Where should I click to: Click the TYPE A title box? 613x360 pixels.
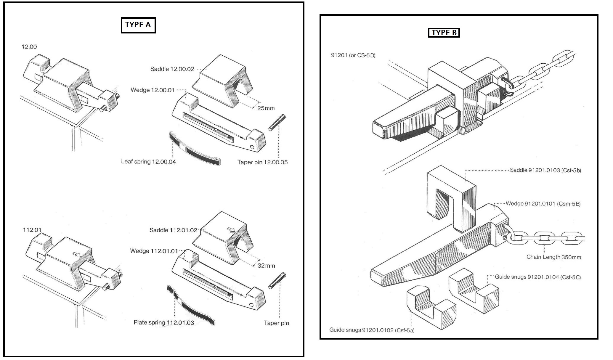point(138,25)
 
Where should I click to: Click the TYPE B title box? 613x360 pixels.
point(444,33)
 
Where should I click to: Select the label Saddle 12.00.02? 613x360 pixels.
point(172,69)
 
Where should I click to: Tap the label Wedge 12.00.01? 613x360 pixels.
point(153,90)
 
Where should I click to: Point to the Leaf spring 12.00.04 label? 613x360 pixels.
point(148,162)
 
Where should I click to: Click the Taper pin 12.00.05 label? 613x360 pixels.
point(262,162)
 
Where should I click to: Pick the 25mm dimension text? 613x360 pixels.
point(266,108)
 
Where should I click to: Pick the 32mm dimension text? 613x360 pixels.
point(266,266)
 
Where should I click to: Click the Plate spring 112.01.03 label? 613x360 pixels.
point(164,323)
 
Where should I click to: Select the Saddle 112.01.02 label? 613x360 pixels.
point(173,230)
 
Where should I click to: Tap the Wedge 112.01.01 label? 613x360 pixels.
point(154,251)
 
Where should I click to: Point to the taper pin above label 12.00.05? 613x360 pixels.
point(277,122)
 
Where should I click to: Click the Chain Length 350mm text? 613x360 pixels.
point(553,257)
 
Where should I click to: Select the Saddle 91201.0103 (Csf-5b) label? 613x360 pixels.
point(545,170)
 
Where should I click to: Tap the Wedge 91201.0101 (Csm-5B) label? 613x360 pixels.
point(543,204)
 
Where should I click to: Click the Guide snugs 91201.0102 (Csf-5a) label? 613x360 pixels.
point(372,330)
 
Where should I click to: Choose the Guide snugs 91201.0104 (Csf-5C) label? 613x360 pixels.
point(537,277)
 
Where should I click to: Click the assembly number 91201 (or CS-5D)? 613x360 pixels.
point(353,55)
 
